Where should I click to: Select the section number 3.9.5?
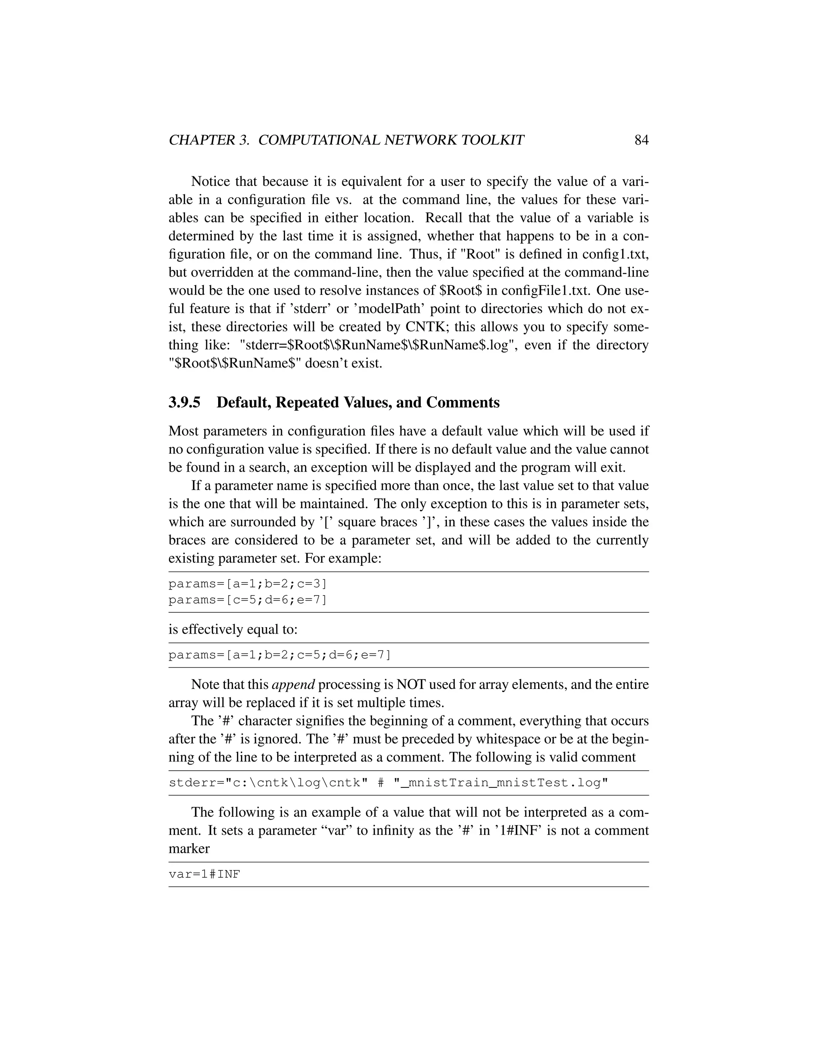(184, 403)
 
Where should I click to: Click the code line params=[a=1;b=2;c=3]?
(248, 583)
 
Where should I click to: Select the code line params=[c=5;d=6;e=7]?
(248, 600)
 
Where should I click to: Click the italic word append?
(293, 684)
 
